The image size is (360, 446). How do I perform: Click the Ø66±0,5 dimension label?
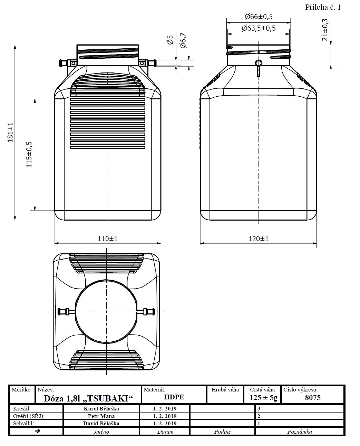[259, 17]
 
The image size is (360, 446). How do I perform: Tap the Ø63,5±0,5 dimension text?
[259, 28]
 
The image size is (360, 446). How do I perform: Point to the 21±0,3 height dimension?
[325, 30]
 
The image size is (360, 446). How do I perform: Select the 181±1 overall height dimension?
[10, 132]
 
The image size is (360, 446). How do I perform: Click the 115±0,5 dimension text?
[29, 155]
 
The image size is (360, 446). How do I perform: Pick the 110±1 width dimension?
[108, 239]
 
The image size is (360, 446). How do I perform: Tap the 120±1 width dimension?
[259, 239]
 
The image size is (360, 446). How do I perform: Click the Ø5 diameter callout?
[171, 40]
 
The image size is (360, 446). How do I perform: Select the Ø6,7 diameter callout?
[183, 40]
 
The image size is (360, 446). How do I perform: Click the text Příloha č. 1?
[323, 7]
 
